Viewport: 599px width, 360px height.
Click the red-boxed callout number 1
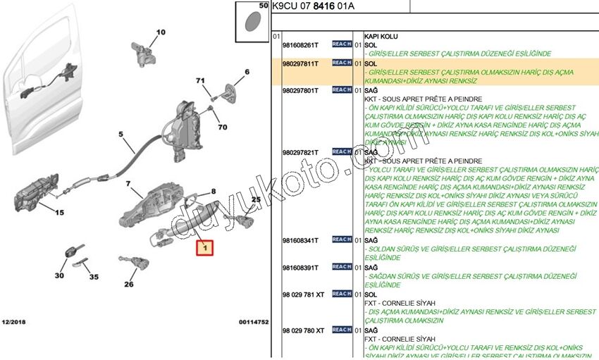[x=205, y=248]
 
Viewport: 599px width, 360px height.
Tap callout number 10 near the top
[x=161, y=32]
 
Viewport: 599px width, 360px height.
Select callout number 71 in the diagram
[x=200, y=82]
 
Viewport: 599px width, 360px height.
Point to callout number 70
[x=222, y=128]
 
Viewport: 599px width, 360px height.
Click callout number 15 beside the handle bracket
[x=59, y=212]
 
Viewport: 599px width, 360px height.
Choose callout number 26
[x=128, y=285]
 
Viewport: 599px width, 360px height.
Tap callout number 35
[x=94, y=277]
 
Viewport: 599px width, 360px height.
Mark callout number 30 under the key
[x=58, y=275]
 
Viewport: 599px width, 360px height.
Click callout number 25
[x=256, y=200]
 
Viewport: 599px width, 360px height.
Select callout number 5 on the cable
[x=121, y=134]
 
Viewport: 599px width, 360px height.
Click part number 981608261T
[x=299, y=44]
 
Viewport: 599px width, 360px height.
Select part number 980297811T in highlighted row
[x=299, y=63]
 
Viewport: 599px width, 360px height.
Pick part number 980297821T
[x=299, y=151]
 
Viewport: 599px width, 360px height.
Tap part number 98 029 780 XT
[x=303, y=330]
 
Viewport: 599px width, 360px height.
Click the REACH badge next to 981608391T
[x=341, y=267]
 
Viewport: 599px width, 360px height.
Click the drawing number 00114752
[x=253, y=321]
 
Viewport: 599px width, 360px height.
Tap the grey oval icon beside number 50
[x=251, y=20]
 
